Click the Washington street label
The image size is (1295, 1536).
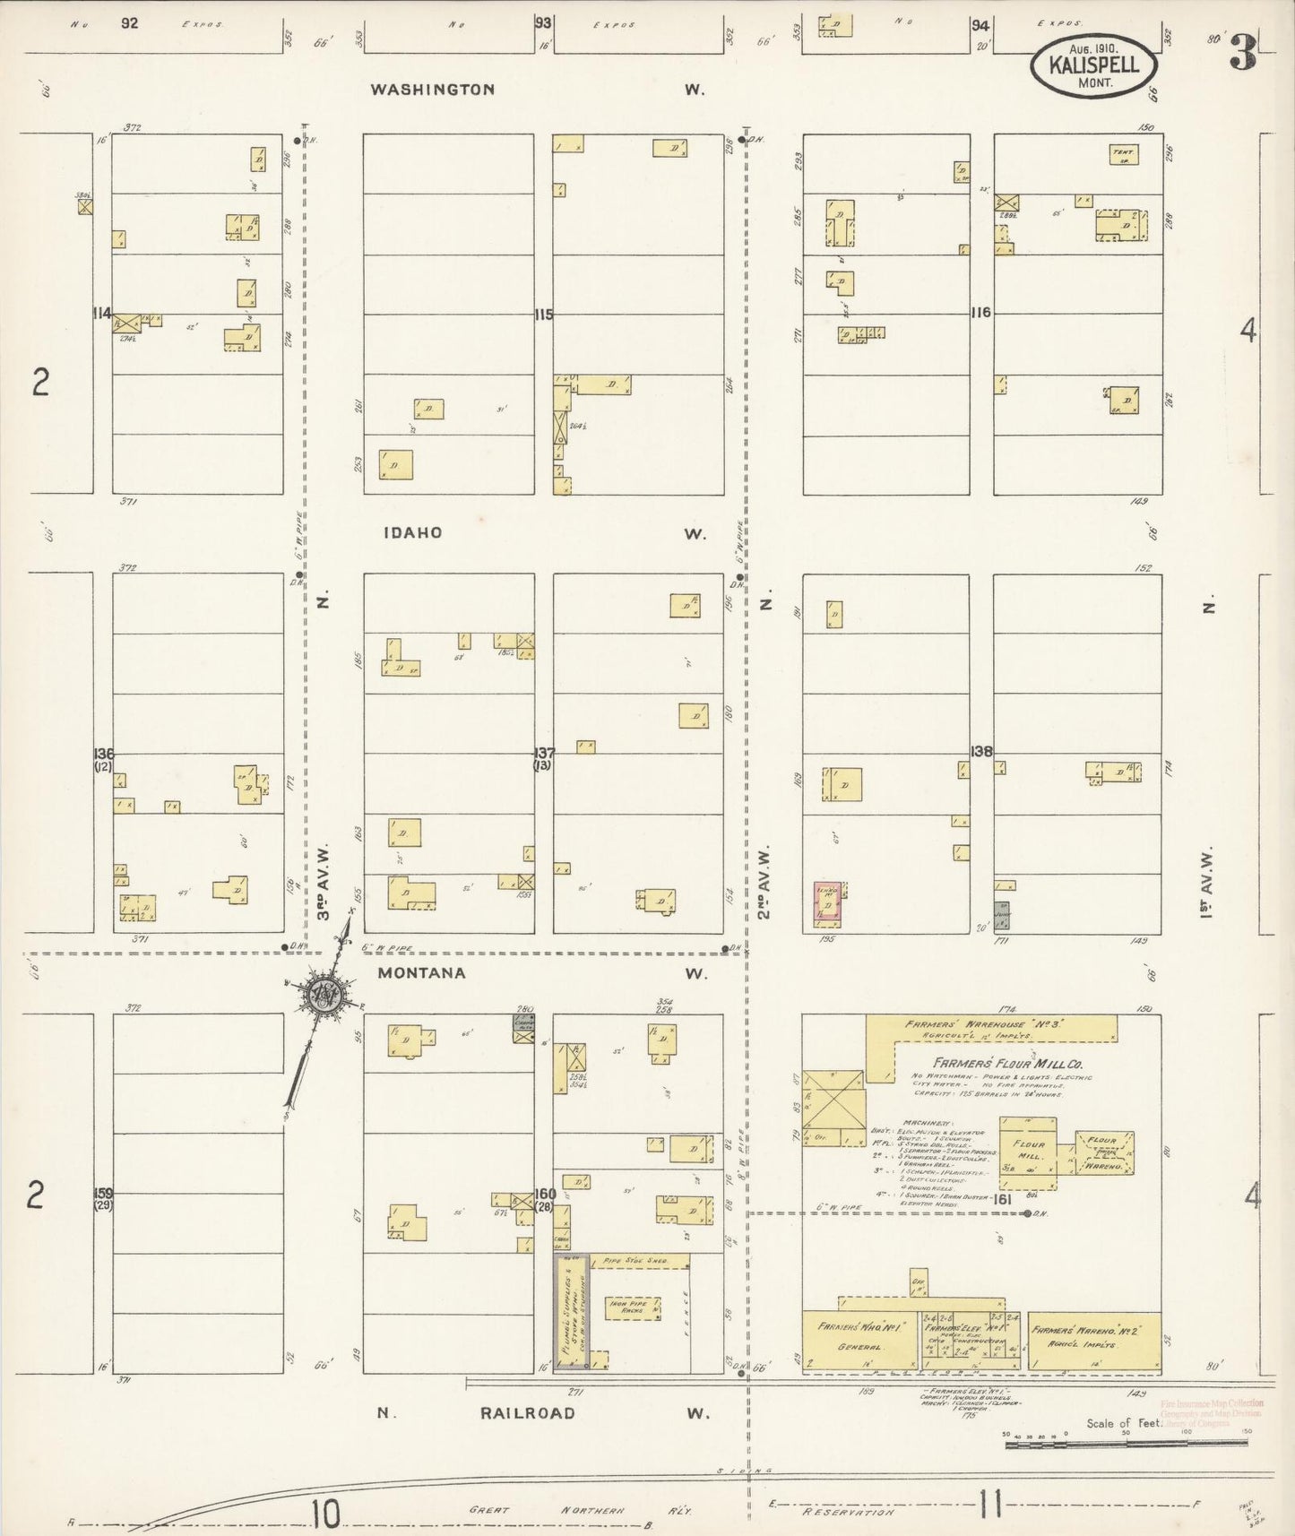(x=433, y=90)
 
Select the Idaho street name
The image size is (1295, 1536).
(x=412, y=532)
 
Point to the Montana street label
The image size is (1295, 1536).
(x=421, y=972)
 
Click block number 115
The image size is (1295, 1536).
(x=544, y=315)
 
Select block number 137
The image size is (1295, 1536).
(x=544, y=753)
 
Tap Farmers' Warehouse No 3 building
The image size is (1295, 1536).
(x=990, y=1028)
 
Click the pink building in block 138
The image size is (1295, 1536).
(x=829, y=904)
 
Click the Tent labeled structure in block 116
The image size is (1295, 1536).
(x=1123, y=154)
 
